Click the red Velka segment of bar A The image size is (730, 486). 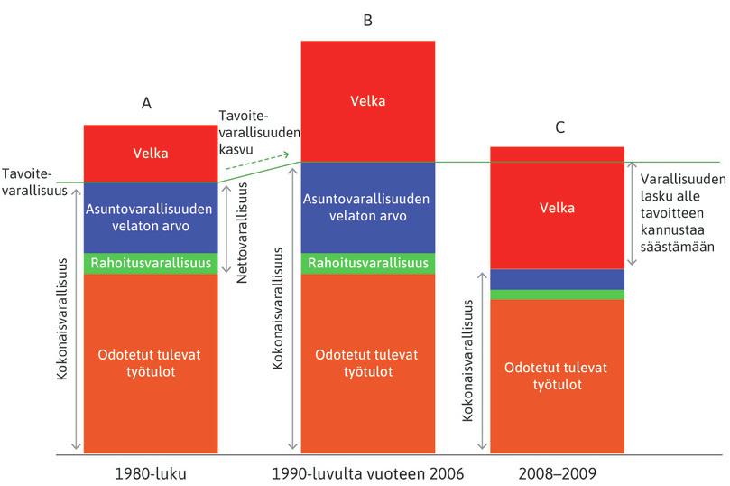tap(150, 154)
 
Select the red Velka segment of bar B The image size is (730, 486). tap(367, 100)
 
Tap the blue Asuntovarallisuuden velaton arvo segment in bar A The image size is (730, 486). tap(150, 218)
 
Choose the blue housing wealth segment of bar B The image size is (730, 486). tap(367, 207)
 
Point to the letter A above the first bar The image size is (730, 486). tap(147, 103)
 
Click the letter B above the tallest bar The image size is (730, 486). tap(367, 19)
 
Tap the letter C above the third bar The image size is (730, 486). tap(559, 127)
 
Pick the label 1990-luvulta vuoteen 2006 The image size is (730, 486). tap(367, 472)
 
